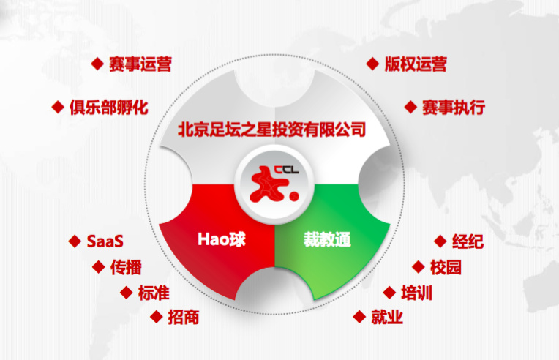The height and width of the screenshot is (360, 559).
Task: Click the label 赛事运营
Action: click(140, 64)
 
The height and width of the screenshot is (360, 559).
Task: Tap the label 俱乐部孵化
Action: click(109, 108)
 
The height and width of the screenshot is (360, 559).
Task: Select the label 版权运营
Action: click(416, 64)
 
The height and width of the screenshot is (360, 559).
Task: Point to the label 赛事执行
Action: click(454, 108)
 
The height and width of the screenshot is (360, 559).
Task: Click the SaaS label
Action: click(105, 241)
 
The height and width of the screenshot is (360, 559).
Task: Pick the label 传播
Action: click(126, 267)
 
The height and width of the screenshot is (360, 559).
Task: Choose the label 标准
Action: click(154, 293)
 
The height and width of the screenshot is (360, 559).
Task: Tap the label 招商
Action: click(183, 318)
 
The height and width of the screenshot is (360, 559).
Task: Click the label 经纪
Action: click(468, 241)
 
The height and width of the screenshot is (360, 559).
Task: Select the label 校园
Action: click(446, 267)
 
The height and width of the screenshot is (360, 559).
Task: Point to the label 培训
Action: click(417, 293)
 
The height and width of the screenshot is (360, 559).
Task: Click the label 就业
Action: click(387, 317)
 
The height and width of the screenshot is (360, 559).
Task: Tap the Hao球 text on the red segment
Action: click(222, 239)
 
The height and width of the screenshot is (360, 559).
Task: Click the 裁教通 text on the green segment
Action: click(327, 239)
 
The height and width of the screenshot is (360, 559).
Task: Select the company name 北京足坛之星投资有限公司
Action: click(271, 130)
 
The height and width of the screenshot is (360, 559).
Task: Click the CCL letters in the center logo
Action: click(286, 170)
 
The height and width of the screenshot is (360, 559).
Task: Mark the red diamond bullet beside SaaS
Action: click(75, 241)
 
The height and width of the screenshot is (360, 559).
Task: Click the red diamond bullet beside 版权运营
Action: click(372, 64)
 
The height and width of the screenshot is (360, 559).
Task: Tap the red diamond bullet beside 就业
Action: click(359, 317)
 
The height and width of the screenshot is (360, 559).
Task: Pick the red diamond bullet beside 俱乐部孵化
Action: click(58, 108)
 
